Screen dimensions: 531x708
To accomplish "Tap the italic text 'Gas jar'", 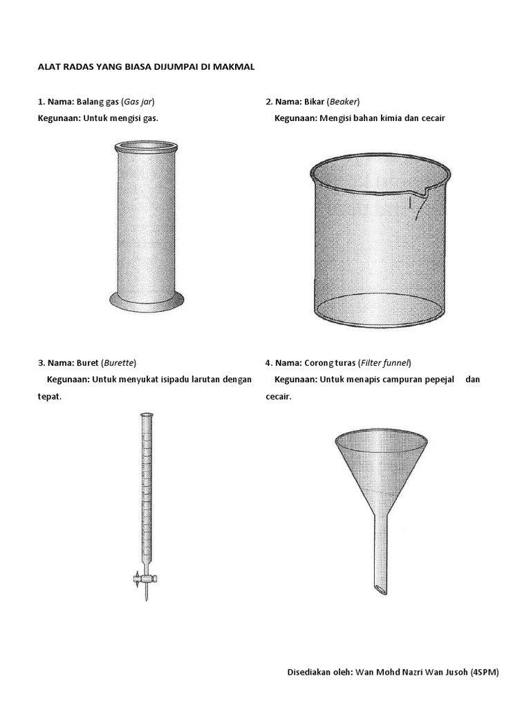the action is [138, 102].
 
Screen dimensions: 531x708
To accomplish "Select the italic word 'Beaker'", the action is [344, 102].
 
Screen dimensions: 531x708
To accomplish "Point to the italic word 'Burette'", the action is [119, 362].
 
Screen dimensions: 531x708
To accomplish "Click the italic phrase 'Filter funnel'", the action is [384, 362].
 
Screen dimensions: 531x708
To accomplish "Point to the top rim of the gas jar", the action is [147, 147].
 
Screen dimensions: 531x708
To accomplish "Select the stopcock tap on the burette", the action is [145, 579].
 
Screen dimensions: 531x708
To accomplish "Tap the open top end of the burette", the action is [147, 414].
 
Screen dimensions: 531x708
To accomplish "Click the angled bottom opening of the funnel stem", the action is [380, 589].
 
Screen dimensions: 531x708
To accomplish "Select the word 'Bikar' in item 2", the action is [315, 102].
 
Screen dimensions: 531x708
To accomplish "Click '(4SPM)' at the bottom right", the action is [485, 672].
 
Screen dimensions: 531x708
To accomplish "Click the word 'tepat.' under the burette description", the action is [50, 397].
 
